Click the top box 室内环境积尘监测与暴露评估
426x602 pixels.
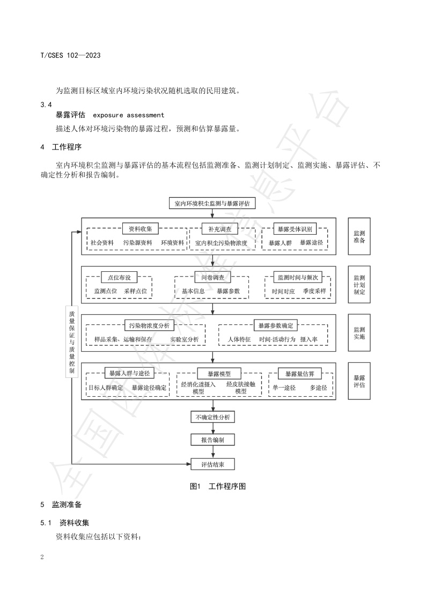[x=213, y=203]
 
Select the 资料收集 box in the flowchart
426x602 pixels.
[x=140, y=228]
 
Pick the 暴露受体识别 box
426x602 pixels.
[x=294, y=228]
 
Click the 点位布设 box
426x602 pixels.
[x=119, y=277]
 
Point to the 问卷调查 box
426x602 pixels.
[x=212, y=277]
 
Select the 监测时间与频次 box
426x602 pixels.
[x=298, y=277]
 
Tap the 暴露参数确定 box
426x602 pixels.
[x=275, y=325]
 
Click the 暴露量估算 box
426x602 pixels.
[x=299, y=373]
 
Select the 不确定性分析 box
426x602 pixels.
[x=213, y=417]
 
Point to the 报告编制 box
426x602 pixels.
[x=213, y=440]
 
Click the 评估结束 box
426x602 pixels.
[x=213, y=464]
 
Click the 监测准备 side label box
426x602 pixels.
[x=359, y=237]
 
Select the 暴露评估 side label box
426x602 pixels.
[x=359, y=381]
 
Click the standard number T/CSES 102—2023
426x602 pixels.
[x=71, y=56]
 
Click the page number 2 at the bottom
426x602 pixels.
[x=42, y=556]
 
